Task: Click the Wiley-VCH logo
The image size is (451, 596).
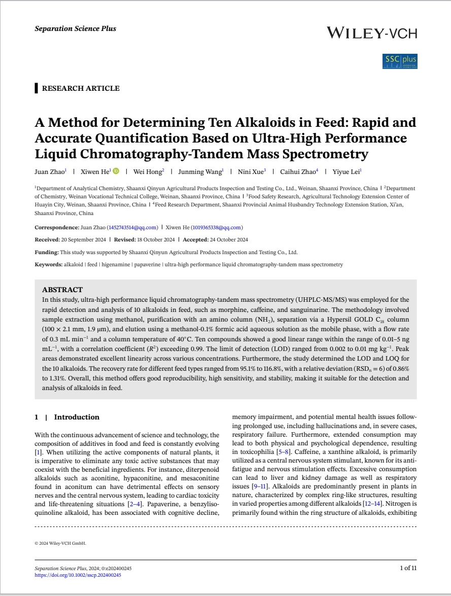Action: click(x=371, y=33)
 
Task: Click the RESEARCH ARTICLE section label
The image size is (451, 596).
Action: click(x=80, y=88)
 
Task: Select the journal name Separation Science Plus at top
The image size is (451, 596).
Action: click(x=75, y=28)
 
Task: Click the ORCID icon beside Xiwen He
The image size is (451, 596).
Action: click(x=116, y=172)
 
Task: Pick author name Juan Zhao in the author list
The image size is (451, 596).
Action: click(x=49, y=172)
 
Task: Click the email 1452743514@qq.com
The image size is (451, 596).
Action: click(x=133, y=227)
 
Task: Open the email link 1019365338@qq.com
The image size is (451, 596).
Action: click(x=217, y=227)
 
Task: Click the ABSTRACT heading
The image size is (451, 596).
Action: click(x=62, y=290)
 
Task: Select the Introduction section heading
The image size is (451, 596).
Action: click(x=77, y=417)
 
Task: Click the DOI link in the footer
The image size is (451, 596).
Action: click(x=78, y=575)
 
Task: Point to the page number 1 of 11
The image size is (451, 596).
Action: click(x=408, y=568)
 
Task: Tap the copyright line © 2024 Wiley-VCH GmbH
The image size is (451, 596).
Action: click(x=60, y=543)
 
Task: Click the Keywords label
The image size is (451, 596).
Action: click(x=48, y=264)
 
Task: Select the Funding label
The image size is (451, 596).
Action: click(x=47, y=252)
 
